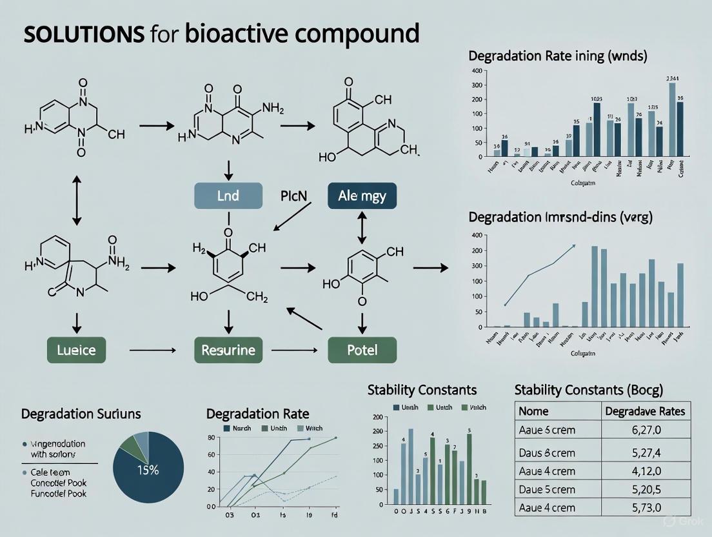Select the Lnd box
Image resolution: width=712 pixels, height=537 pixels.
pos(228,196)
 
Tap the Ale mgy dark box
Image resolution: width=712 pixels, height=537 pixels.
pos(362,196)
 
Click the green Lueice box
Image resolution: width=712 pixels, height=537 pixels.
pos(77,350)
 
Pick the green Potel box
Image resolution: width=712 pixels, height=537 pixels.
pos(362,350)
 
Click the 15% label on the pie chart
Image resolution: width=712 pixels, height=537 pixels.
pos(148,470)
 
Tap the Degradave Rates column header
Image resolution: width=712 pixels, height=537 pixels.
pos(646,410)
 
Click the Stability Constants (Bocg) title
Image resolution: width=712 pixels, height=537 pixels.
pos(589,390)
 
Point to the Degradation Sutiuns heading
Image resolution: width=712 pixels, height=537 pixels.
pos(81,414)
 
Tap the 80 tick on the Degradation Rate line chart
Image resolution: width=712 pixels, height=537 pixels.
pos(210,438)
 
